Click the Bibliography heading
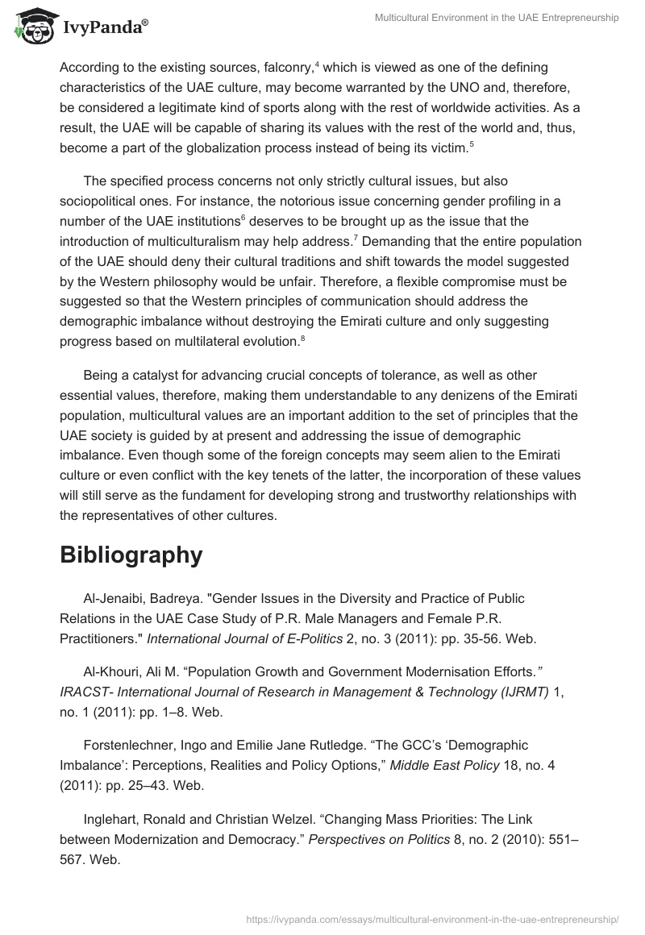coord(131,555)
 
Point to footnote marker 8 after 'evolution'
coord(302,337)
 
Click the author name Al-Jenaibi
coord(118,598)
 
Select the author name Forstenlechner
coord(133,746)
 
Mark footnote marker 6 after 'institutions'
coord(243,217)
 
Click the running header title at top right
coord(497,18)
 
